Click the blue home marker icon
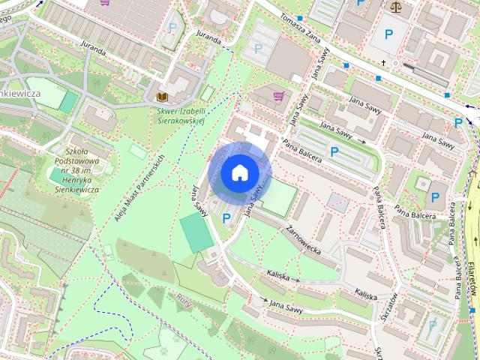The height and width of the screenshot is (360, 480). (239, 172)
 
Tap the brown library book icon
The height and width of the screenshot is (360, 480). (161, 97)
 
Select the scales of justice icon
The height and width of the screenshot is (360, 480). (395, 6)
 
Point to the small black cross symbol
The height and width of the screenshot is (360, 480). (383, 63)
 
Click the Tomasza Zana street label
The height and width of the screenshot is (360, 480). (300, 28)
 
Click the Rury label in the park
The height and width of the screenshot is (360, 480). (183, 301)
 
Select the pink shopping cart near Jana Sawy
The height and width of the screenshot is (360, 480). (279, 96)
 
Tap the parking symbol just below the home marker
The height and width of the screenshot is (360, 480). (226, 218)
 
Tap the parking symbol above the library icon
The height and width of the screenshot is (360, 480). (172, 28)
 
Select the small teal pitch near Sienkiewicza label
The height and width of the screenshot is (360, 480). (67, 102)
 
